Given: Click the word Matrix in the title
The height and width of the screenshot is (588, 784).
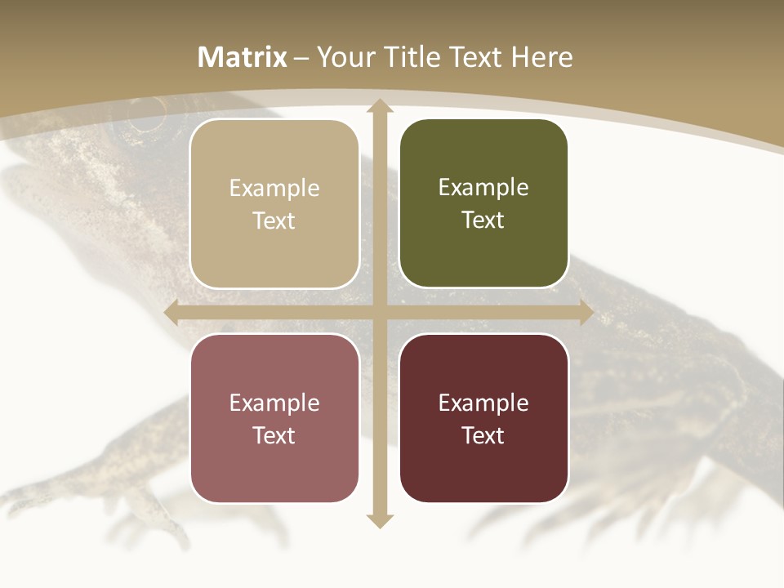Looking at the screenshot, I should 243,57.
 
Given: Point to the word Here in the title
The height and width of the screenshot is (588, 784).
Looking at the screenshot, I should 542,57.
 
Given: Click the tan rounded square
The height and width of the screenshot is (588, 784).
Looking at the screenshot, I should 274,204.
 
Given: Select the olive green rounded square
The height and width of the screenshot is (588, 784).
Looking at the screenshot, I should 483,204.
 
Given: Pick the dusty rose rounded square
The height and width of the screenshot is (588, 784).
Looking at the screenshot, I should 274,418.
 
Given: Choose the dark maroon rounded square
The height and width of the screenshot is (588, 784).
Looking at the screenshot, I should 483,418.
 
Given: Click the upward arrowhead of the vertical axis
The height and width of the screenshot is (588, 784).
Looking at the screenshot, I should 379,105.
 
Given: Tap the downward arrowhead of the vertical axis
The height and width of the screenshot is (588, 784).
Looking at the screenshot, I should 379,520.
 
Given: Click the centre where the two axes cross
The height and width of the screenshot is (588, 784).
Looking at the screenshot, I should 379,313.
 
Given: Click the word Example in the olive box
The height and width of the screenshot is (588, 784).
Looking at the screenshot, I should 483,188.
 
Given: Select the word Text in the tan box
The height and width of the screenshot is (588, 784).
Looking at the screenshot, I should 274,221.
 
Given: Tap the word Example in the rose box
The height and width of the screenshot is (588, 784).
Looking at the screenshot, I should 274,403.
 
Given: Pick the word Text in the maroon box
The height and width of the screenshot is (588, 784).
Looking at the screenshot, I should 483,435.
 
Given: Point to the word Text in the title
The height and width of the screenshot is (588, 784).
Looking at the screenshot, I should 477,57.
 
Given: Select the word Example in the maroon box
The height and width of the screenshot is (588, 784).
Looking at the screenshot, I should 483,403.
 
